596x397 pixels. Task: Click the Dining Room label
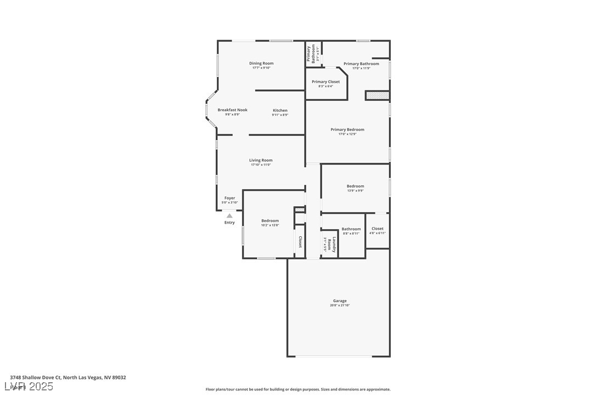pos(261,64)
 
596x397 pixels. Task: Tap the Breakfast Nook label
pos(232,110)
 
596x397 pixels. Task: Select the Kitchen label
pos(280,111)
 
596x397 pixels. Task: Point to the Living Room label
pos(261,161)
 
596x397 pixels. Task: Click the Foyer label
pos(229,198)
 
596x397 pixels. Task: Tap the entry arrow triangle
pos(229,216)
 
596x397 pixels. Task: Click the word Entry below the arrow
pos(229,223)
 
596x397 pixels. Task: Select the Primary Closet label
pos(325,82)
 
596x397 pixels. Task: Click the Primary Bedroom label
pos(347,130)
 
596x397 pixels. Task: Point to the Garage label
pos(340,301)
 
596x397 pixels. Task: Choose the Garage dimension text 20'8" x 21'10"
pos(340,305)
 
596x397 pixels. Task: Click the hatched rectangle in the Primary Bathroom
pos(378,95)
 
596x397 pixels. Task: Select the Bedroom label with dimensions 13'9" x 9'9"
pos(355,186)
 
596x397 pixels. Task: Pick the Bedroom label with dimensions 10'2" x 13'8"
pos(270,221)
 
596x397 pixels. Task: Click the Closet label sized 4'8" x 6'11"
pos(378,229)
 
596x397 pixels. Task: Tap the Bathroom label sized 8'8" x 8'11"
pos(351,229)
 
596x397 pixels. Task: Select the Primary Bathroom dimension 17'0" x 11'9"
pos(361,69)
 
